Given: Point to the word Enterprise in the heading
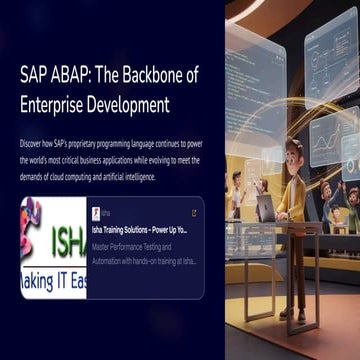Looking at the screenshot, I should tap(56, 103).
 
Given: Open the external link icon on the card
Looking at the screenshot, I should tap(193, 213).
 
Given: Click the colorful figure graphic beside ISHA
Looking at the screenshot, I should tap(30, 225).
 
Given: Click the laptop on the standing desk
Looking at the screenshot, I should tap(265, 208).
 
